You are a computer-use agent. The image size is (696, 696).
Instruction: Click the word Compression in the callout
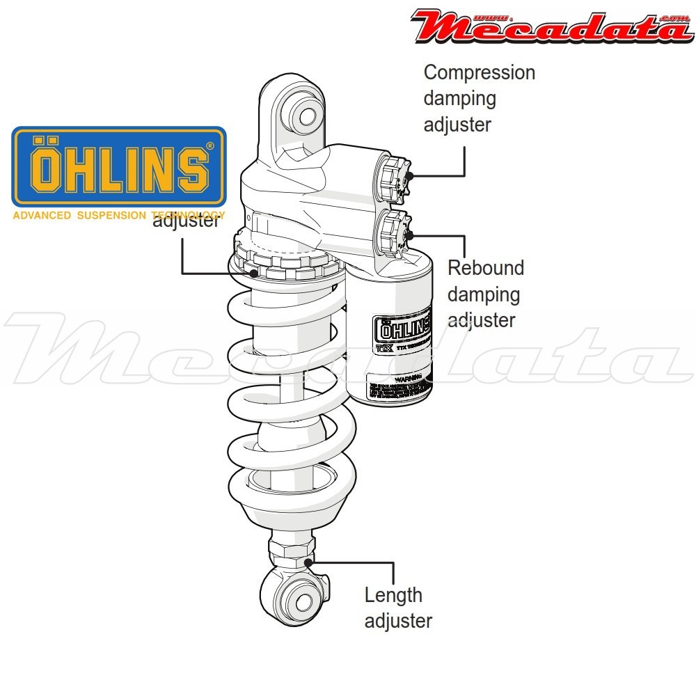pyautogui.click(x=480, y=72)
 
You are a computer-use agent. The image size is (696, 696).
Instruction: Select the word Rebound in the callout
pyautogui.click(x=486, y=268)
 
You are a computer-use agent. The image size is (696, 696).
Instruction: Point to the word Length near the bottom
pyautogui.click(x=393, y=595)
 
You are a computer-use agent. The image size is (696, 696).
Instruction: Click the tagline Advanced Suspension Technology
pyautogui.click(x=119, y=215)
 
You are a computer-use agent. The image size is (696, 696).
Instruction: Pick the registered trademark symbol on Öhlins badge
pyautogui.click(x=209, y=146)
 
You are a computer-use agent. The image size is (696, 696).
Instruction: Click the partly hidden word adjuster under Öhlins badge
pyautogui.click(x=187, y=223)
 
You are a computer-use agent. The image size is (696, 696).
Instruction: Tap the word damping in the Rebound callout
pyautogui.click(x=483, y=294)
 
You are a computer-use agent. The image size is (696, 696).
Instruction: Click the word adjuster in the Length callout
pyautogui.click(x=398, y=621)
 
